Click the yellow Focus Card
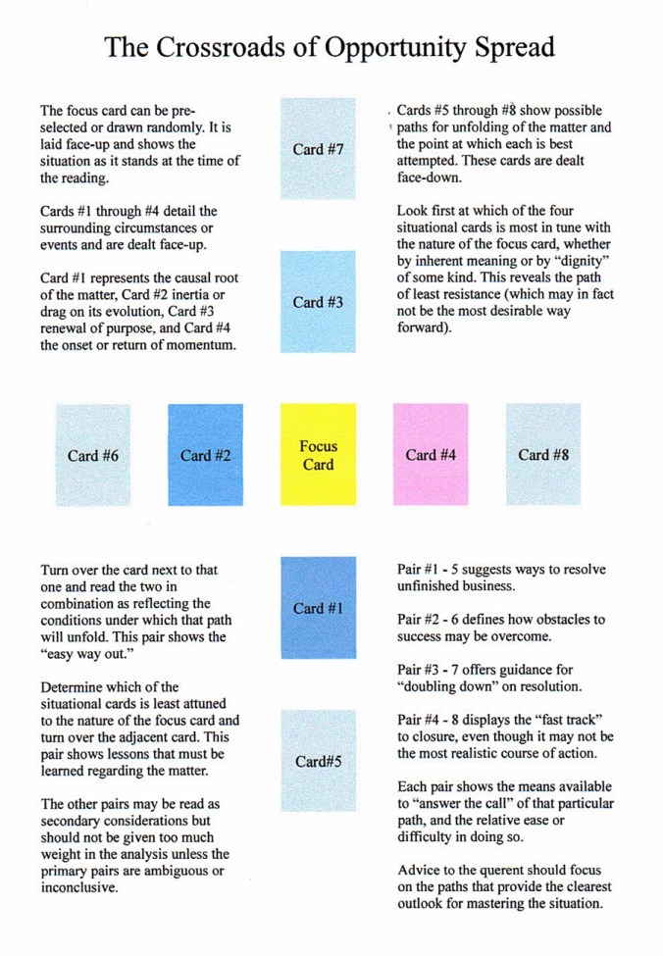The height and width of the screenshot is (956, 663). (318, 455)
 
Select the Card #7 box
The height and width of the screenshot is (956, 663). (318, 149)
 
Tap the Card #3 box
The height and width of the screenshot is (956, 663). (318, 302)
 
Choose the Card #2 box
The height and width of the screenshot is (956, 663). (205, 455)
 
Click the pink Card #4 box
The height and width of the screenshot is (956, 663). (430, 455)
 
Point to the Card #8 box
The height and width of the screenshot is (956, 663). (542, 455)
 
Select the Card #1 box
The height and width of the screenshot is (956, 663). (318, 608)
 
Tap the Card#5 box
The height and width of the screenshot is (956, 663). (318, 761)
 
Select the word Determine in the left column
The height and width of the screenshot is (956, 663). (74, 686)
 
